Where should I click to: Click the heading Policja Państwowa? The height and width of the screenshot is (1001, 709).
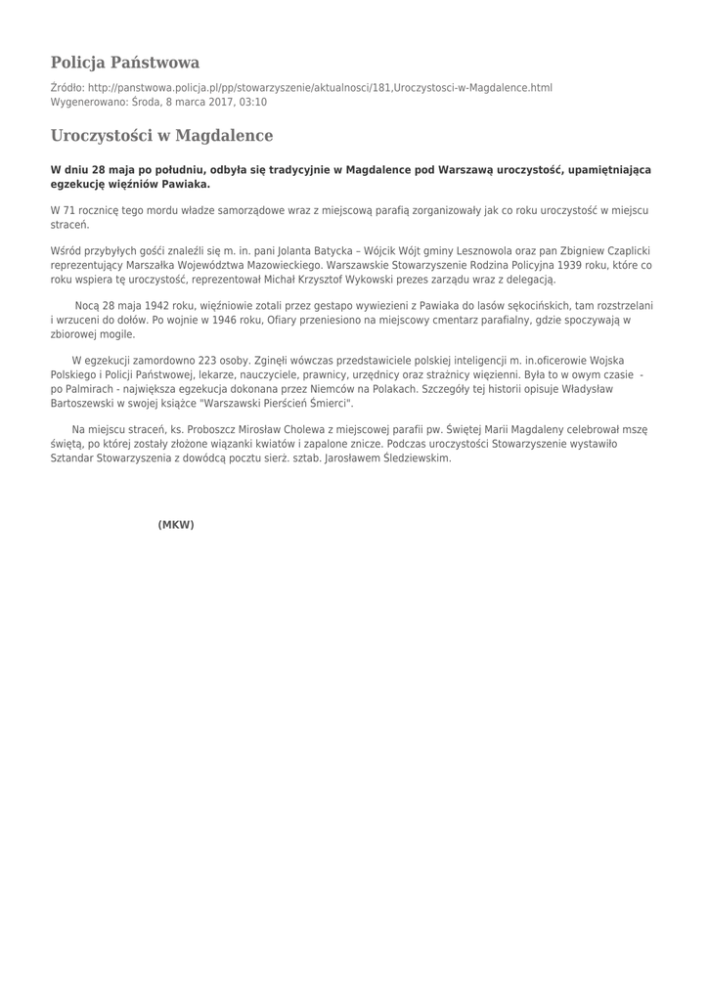coord(125,63)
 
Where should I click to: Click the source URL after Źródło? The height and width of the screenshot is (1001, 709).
coord(320,88)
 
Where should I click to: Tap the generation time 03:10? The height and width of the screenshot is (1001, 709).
coord(252,102)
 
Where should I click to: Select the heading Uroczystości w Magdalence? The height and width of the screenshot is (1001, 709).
coord(161,135)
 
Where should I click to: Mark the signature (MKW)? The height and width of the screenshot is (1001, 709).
coord(176,525)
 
